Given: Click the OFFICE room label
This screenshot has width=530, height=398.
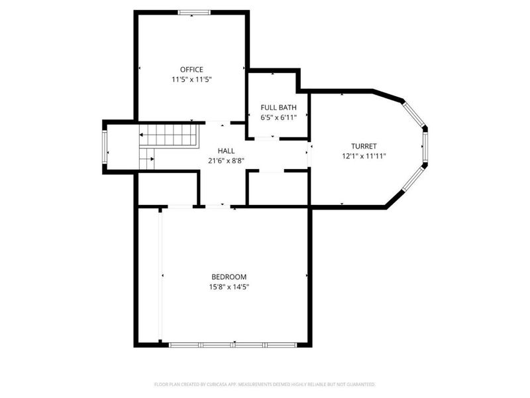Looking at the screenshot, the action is point(191,70).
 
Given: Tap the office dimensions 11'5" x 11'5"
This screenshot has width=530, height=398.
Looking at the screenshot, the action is point(191,80).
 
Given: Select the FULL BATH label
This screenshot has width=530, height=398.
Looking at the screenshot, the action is point(278,107).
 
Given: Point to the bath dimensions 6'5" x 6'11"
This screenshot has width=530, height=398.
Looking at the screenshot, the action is point(278,118).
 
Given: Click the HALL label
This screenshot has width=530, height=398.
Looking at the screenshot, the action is point(226,151).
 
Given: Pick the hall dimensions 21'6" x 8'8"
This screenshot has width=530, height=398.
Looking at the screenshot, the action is point(226,161).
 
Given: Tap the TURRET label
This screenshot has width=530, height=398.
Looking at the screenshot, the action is point(364,146).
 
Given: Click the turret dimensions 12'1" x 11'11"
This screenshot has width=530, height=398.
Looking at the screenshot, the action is point(364,157).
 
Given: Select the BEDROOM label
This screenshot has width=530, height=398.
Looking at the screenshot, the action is point(229,277).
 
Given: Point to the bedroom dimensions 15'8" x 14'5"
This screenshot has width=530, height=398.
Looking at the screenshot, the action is point(229,287).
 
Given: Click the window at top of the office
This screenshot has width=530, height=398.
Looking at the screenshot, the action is point(194,13).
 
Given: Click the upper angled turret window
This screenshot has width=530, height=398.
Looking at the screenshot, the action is point(414,114).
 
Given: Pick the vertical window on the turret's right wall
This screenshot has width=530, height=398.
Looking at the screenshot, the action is point(425,147).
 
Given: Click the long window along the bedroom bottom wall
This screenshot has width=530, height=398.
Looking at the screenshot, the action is point(233,345).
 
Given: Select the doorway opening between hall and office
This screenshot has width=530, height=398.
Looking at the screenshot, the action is point(218,123).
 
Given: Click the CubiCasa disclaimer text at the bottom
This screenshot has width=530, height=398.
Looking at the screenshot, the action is point(264,385).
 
